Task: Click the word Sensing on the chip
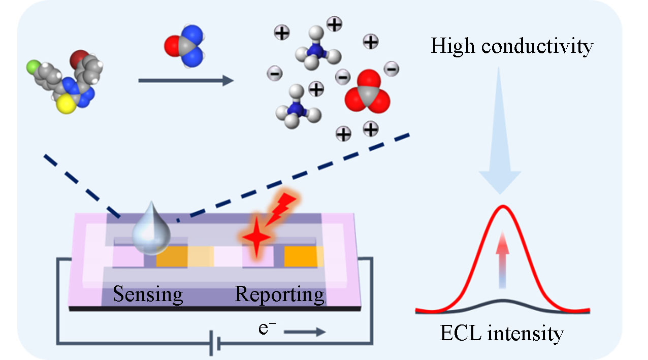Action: (148, 294)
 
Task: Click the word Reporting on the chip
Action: (279, 294)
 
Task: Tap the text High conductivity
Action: (512, 46)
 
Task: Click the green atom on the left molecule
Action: (33, 67)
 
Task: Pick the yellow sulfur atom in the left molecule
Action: (65, 105)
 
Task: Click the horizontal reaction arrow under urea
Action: (186, 80)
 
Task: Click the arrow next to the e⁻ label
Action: (305, 333)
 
